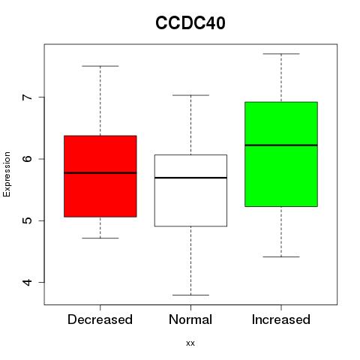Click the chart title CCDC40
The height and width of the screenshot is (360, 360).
click(x=190, y=23)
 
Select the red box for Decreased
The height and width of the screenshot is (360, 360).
click(x=100, y=176)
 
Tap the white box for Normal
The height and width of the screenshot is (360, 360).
click(x=190, y=190)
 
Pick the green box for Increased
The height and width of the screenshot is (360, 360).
click(x=281, y=154)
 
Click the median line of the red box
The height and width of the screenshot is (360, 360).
click(x=100, y=172)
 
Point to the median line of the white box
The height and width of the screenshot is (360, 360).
click(x=190, y=178)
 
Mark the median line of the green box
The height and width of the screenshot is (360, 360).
click(x=281, y=145)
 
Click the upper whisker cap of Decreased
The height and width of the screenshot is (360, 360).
click(x=100, y=66)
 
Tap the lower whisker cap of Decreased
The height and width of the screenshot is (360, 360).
click(x=100, y=238)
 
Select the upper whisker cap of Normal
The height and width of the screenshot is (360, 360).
click(x=190, y=95)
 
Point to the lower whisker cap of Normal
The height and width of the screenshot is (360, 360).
click(x=190, y=295)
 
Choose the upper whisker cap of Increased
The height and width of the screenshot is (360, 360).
click(x=281, y=54)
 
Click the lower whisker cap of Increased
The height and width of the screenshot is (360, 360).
click(x=281, y=256)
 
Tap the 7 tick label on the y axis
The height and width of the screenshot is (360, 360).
click(x=28, y=97)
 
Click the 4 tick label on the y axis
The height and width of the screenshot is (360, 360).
click(x=28, y=282)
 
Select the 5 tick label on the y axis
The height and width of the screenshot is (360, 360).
click(x=28, y=220)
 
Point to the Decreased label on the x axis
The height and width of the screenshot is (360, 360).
click(x=100, y=319)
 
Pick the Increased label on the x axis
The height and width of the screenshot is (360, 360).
click(x=281, y=319)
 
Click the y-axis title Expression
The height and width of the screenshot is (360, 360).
click(x=7, y=174)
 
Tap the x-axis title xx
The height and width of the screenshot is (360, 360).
click(x=190, y=343)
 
